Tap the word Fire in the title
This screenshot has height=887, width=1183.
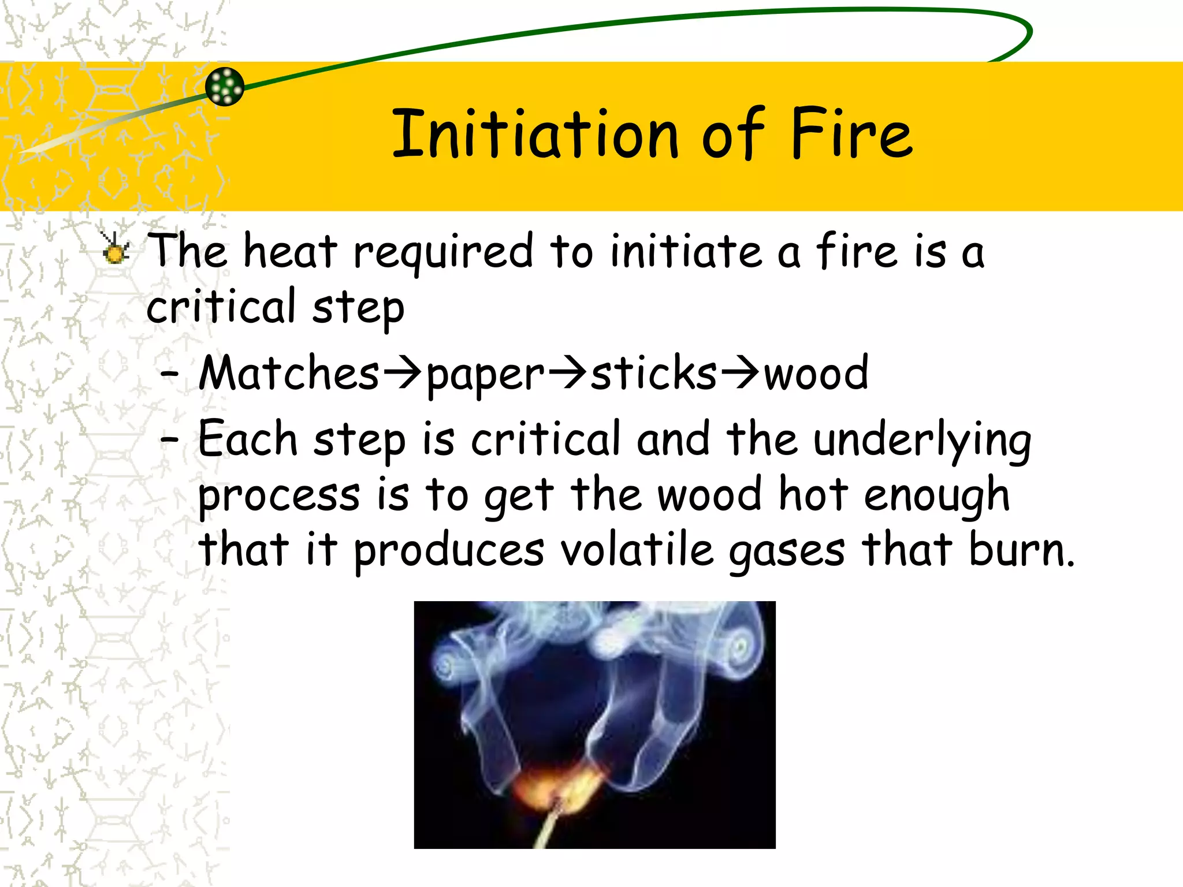pyautogui.click(x=851, y=134)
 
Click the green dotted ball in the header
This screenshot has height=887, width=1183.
pyautogui.click(x=225, y=87)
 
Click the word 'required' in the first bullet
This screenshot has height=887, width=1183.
pyautogui.click(x=443, y=253)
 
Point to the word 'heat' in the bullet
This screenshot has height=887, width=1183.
pyautogui.click(x=290, y=252)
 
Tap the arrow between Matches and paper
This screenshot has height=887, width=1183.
pyautogui.click(x=403, y=373)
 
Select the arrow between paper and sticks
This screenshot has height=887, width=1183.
pyautogui.click(x=567, y=373)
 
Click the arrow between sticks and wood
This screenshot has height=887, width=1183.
pyautogui.click(x=740, y=373)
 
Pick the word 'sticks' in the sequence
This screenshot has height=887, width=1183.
pyautogui.click(x=653, y=373)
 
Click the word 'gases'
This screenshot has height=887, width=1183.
pyautogui.click(x=787, y=552)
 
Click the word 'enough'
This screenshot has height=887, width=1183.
pyautogui.click(x=936, y=497)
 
